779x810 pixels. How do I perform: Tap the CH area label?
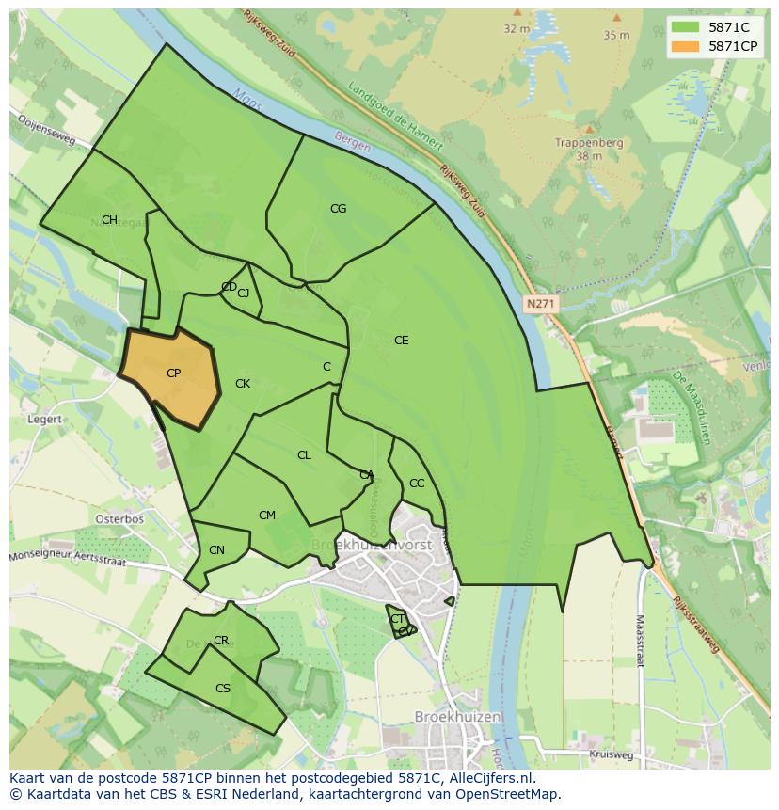[x=109, y=220]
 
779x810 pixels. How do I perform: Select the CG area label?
[x=338, y=209]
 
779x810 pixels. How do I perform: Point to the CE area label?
[x=401, y=341]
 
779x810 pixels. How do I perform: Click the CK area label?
[x=243, y=384]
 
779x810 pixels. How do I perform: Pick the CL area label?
[x=304, y=455]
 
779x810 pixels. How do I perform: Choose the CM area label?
[x=267, y=516]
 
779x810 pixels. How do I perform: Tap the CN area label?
[x=216, y=550]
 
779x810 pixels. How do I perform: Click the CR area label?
[x=221, y=641]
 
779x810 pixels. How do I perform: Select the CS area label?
[x=223, y=689]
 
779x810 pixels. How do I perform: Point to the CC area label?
[x=417, y=484]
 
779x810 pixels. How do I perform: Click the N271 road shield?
[x=540, y=304]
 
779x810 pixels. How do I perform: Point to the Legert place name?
[x=45, y=420]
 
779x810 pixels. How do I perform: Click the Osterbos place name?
[x=119, y=518]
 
